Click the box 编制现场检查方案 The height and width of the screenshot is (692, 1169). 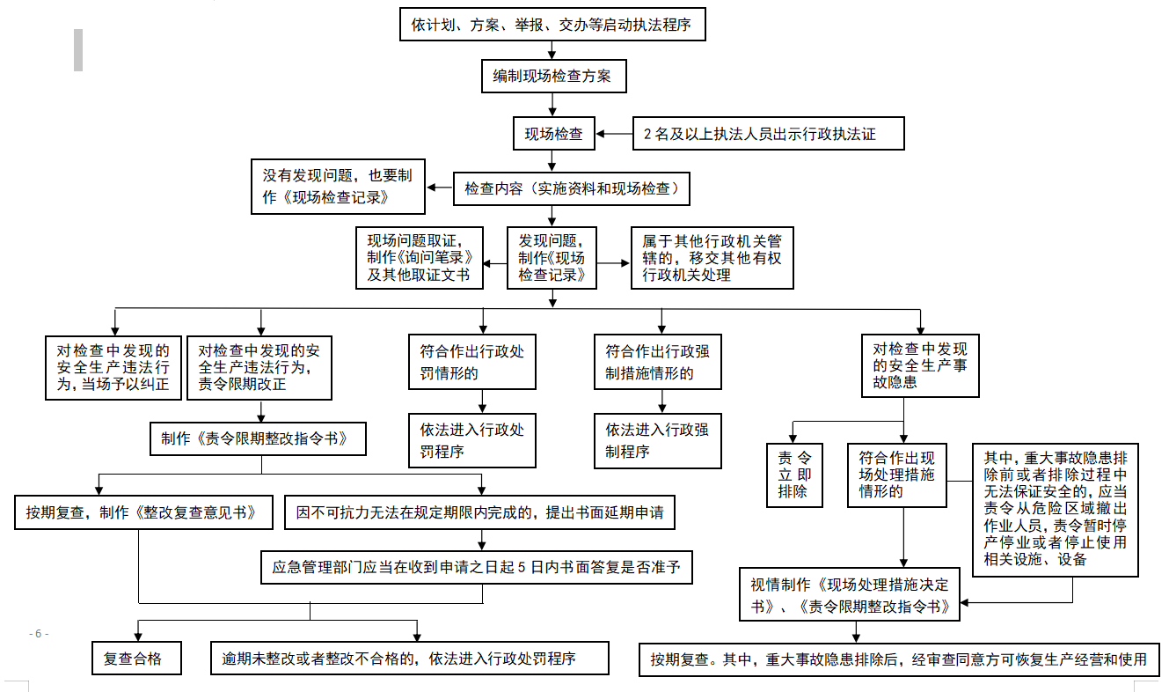pos(553,76)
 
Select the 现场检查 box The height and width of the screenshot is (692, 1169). pos(553,134)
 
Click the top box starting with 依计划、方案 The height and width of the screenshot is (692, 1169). pos(552,26)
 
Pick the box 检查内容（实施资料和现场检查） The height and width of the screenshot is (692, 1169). pos(571,188)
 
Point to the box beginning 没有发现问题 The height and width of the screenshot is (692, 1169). pos(338,187)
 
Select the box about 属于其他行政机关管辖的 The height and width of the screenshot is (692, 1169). pos(712,257)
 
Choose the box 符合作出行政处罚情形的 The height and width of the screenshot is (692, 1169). pos(471,362)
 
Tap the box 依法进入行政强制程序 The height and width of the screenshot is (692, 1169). pos(657,440)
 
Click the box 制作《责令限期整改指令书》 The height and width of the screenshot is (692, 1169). pos(258,438)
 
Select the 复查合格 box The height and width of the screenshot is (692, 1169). pos(137,659)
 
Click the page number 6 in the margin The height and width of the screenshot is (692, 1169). pos(39,634)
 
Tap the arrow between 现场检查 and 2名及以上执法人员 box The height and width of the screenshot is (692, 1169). pos(614,134)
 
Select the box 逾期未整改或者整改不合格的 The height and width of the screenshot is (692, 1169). pos(410,659)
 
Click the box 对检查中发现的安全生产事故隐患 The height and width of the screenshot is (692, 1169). pos(919,365)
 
